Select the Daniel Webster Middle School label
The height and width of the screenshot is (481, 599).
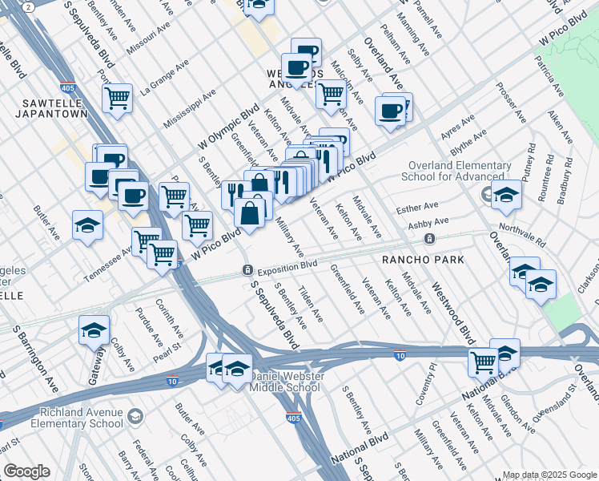pos(285,382)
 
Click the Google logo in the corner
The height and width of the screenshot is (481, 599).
pos(26,471)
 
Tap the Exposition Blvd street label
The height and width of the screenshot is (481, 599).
pos(287,265)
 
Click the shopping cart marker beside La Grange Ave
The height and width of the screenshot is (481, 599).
pos(117,99)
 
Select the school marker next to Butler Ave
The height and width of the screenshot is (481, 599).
pos(87,225)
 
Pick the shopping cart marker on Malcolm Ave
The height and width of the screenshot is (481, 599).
pos(331,94)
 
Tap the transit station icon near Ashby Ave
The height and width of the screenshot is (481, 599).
pos(430,239)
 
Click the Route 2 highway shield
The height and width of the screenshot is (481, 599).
pos(28,6)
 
